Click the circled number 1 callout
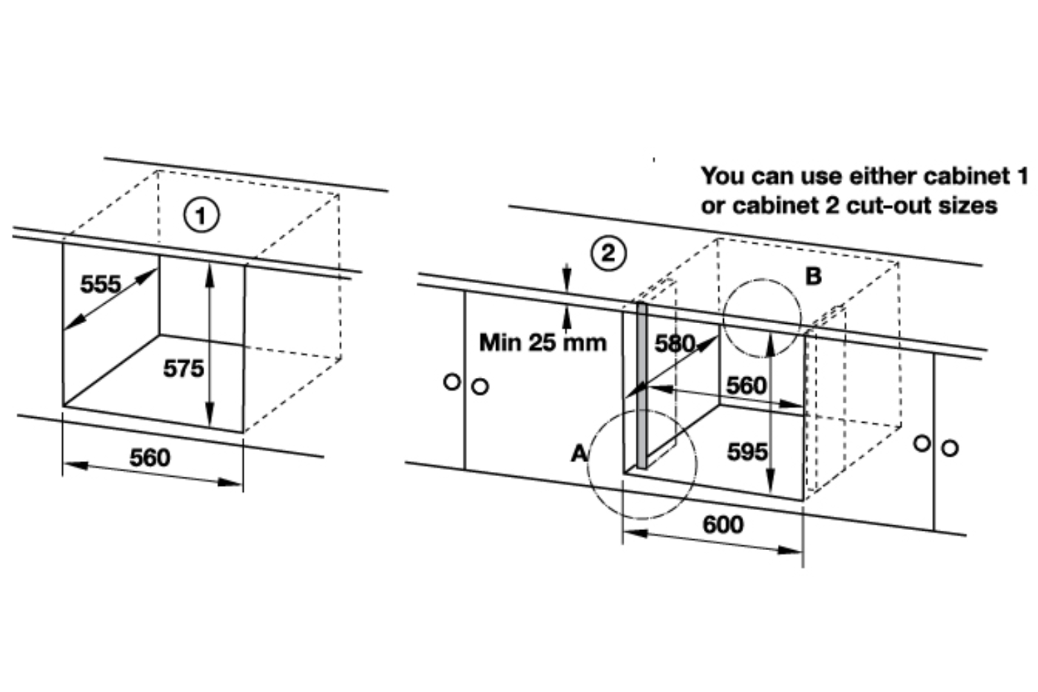pos(201,215)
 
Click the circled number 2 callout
pos(608,253)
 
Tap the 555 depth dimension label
pos(100,284)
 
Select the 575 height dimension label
pos(183,368)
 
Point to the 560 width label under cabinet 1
pos(150,457)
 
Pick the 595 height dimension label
pos(747,451)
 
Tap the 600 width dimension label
pos(723,525)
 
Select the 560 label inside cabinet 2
pos(747,385)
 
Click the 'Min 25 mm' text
pos(543,343)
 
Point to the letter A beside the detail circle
pos(579,453)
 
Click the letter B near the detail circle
pos(814,276)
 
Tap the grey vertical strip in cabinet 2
pos(641,385)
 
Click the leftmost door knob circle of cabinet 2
pos(452,382)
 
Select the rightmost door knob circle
pos(950,448)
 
